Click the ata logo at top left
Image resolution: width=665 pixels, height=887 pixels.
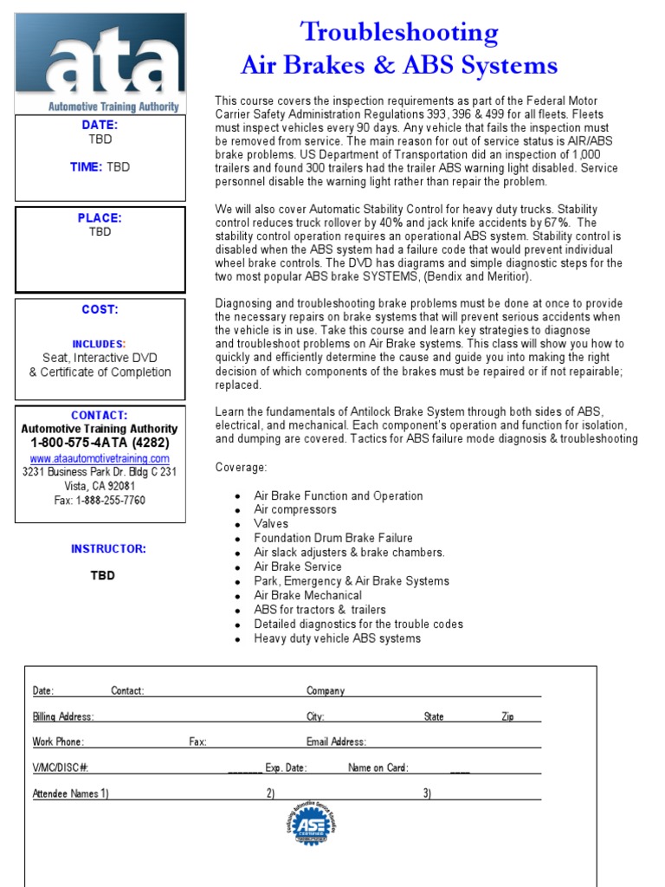[x=100, y=62]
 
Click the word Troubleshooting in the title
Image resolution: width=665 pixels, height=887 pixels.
[x=398, y=33]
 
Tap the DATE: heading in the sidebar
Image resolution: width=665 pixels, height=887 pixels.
[x=100, y=125]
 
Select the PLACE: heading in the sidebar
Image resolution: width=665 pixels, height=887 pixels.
[x=100, y=218]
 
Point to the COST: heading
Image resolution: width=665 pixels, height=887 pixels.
[x=100, y=309]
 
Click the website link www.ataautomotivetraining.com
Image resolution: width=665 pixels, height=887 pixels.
[x=100, y=458]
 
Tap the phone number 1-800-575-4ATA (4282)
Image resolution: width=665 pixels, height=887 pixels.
[x=100, y=443]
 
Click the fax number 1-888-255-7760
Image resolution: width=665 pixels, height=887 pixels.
[x=100, y=500]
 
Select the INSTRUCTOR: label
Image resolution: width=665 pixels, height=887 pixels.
[x=108, y=548]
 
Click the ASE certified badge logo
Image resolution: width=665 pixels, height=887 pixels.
[x=311, y=824]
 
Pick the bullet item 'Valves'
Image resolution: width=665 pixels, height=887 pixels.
[x=271, y=524]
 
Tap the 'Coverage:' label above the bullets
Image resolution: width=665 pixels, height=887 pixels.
[x=242, y=468]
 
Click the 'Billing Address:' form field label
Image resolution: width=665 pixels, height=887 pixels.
[x=63, y=717]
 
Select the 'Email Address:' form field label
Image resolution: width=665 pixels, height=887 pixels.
[x=336, y=741]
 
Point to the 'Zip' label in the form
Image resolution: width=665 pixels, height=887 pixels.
[x=507, y=717]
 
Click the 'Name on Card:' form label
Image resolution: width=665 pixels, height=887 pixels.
[x=378, y=767]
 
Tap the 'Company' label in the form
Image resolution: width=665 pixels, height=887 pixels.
[x=326, y=691]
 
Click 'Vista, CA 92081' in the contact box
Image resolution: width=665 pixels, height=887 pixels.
[x=100, y=486]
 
